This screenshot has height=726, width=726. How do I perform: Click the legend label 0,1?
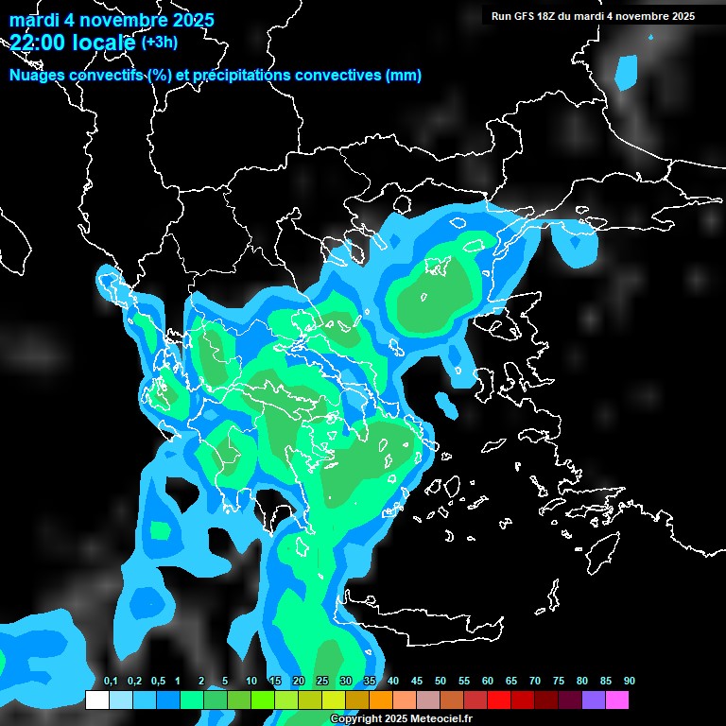111,681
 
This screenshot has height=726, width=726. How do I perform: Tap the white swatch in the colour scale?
96,700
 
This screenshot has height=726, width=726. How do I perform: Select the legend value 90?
630,681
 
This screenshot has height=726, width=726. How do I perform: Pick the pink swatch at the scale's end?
617,700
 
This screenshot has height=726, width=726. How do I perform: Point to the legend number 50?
441,681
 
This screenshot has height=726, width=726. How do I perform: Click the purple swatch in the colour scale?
594,700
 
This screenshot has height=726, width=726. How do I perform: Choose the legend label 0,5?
158,681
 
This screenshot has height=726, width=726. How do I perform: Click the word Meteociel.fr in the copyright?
441,719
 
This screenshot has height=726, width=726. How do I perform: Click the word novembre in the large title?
129,20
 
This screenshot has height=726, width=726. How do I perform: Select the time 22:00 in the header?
43,42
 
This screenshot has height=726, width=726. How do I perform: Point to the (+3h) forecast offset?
159,42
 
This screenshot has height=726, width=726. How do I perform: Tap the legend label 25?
322,681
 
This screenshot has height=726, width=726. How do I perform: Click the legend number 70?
535,681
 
